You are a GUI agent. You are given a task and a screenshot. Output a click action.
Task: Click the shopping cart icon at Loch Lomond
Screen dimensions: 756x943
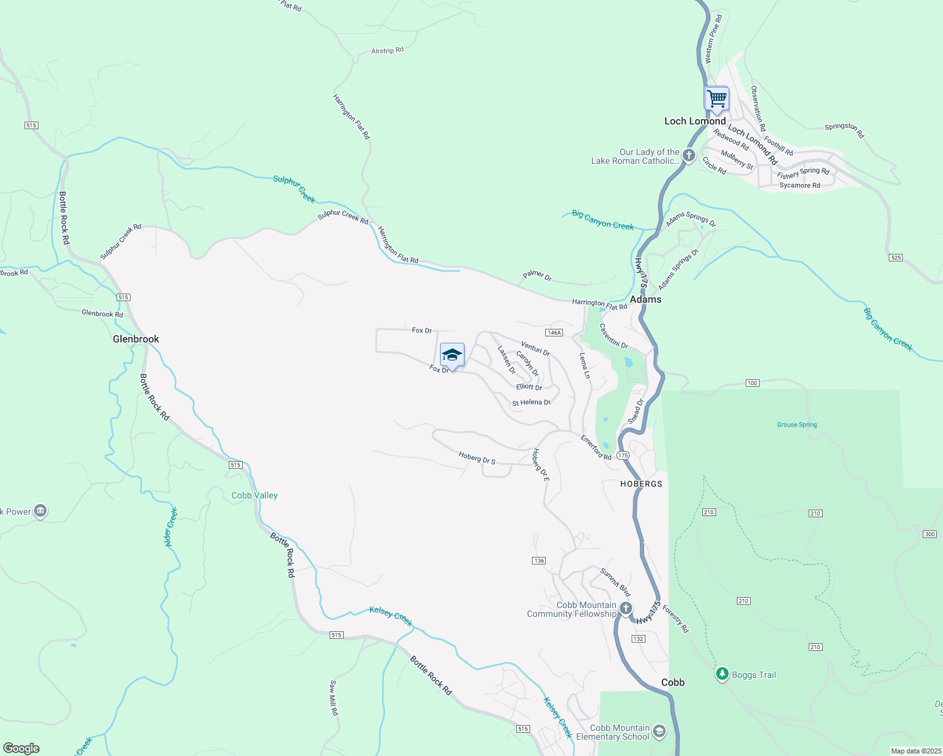(x=716, y=99)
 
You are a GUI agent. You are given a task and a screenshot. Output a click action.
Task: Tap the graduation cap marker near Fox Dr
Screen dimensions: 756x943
(x=452, y=355)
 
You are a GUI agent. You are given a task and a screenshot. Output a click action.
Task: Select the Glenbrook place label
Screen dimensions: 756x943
(x=136, y=339)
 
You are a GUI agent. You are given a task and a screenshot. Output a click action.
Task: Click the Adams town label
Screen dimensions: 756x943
(x=646, y=299)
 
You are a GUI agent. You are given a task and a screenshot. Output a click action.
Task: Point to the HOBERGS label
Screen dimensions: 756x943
(x=641, y=484)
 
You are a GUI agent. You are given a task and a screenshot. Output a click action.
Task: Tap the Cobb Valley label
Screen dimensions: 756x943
(x=255, y=495)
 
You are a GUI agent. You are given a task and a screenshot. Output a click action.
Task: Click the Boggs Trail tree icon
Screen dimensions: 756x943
(x=722, y=674)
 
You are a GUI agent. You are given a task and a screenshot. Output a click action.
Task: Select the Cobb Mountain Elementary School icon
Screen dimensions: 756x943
(x=659, y=731)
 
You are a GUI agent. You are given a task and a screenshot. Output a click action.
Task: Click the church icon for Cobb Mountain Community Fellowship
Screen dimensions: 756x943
(x=625, y=608)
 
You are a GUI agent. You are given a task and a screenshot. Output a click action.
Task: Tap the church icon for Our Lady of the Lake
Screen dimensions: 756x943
(x=689, y=155)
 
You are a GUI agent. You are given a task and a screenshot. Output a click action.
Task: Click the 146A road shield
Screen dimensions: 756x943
(x=554, y=333)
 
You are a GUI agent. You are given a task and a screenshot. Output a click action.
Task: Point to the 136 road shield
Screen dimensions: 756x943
(x=538, y=561)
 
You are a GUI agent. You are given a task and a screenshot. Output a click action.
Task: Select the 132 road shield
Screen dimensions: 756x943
(x=638, y=639)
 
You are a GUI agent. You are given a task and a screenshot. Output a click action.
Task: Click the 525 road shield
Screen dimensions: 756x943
(x=896, y=258)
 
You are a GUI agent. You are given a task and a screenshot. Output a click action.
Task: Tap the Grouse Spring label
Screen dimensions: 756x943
(x=797, y=425)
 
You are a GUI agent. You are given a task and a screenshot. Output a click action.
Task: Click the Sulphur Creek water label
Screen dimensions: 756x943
(x=294, y=188)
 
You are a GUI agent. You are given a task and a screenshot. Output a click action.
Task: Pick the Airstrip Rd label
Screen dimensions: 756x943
(x=387, y=50)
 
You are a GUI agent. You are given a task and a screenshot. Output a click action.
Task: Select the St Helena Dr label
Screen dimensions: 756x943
(x=531, y=403)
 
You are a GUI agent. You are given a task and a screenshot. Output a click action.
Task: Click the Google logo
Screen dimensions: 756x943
(x=21, y=748)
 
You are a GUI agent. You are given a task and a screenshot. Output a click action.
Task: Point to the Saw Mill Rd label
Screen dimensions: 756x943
(x=334, y=697)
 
